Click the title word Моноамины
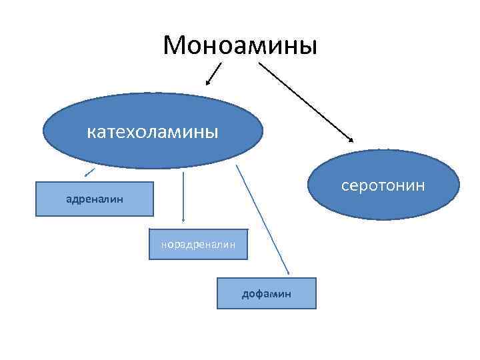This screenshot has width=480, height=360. point(240,45)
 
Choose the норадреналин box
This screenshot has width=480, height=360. point(198,245)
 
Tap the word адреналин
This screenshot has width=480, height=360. point(93,199)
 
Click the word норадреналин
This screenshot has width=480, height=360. point(198,245)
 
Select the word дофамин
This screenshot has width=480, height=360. point(266,293)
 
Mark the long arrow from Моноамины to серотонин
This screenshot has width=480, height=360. point(307,101)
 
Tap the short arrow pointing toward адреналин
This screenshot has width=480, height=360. point(89,173)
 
